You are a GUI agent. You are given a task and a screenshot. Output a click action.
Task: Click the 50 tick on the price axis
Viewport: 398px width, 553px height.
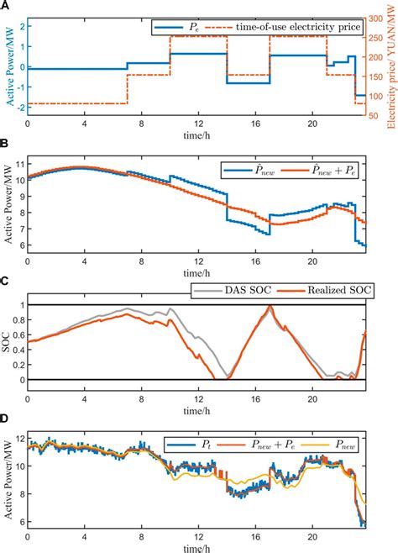click(374, 116)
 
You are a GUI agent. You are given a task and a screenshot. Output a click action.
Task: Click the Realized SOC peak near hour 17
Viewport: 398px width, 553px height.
click(270, 306)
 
